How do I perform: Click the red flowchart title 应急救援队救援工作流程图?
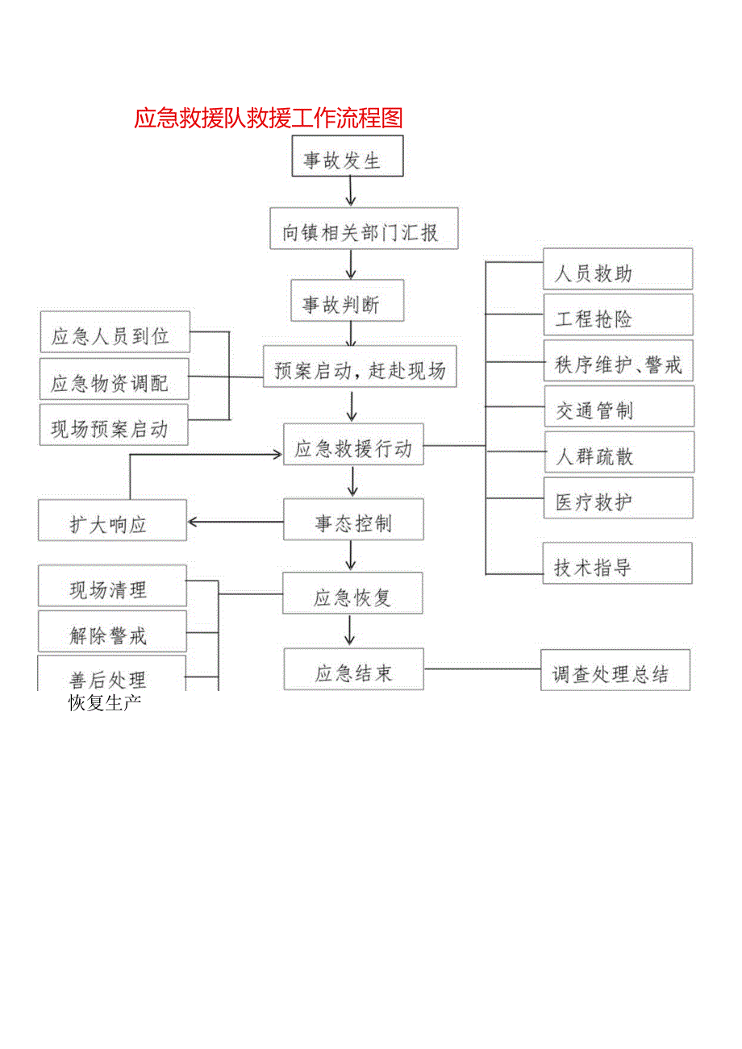(268, 119)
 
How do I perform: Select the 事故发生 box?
(347, 156)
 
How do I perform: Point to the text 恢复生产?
(105, 702)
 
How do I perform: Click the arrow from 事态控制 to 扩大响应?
(235, 521)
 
